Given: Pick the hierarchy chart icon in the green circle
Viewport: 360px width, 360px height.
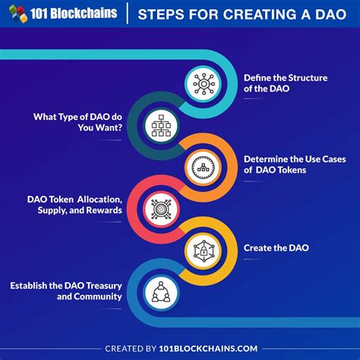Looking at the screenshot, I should pyautogui.click(x=161, y=124).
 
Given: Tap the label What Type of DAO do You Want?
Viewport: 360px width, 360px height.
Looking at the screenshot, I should pyautogui.click(x=74, y=124).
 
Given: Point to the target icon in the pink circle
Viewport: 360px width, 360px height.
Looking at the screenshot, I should pyautogui.click(x=161, y=206).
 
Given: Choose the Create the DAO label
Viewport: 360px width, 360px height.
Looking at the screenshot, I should pyautogui.click(x=276, y=248).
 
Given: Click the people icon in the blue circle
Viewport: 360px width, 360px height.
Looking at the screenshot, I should pyautogui.click(x=161, y=289).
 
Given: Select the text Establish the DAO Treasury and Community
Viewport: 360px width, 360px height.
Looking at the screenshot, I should pyautogui.click(x=66, y=291).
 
